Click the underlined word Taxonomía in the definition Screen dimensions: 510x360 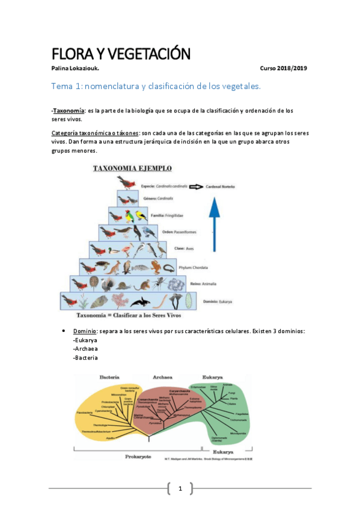pyautogui.click(x=69, y=111)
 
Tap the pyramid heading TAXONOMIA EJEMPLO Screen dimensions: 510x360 pyautogui.click(x=132, y=168)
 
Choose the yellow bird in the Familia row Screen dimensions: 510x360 pyautogui.click(x=141, y=215)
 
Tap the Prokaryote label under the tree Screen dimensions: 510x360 pyautogui.click(x=138, y=456)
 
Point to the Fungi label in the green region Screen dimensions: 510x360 pyautogui.click(x=231, y=392)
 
